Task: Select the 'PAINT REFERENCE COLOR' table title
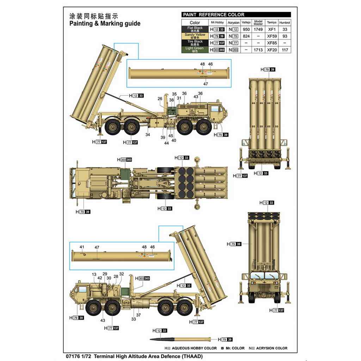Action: (x=213, y=15)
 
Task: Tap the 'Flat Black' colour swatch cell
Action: (x=195, y=29)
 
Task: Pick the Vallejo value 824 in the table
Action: (x=246, y=36)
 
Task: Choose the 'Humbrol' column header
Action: (x=285, y=23)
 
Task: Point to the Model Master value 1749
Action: (x=258, y=30)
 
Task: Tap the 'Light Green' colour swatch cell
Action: (x=195, y=50)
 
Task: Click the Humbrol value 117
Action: (x=285, y=50)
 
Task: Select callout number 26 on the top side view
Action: (x=160, y=99)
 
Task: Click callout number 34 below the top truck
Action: (x=147, y=135)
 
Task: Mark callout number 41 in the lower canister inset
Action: (x=82, y=247)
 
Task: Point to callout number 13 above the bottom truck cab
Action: (x=94, y=274)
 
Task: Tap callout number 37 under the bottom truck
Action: (x=139, y=315)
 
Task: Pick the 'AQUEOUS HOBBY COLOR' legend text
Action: (x=194, y=348)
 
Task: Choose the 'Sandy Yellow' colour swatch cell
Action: (x=195, y=36)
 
